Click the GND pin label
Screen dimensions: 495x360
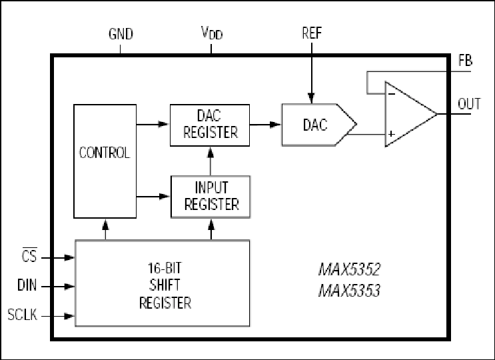point(121,34)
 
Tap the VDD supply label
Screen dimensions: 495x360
point(212,33)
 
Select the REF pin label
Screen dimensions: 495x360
point(312,33)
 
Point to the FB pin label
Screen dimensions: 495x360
point(465,61)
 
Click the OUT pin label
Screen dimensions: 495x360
point(469,104)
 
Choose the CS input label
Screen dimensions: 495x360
point(29,255)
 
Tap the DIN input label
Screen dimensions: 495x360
point(27,285)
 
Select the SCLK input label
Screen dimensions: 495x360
point(23,315)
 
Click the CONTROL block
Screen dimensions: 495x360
point(105,161)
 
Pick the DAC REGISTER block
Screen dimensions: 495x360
point(210,125)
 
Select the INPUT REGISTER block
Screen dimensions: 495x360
point(211,197)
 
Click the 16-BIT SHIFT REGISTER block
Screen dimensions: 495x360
point(163,283)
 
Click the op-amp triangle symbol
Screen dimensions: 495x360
point(411,114)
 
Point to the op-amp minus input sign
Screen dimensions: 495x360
point(392,94)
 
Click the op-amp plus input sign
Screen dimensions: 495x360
point(392,134)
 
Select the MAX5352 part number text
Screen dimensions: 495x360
point(349,269)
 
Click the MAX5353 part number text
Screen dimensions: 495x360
point(349,291)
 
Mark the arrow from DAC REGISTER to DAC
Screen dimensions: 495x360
point(266,125)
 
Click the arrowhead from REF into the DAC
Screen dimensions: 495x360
point(312,98)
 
